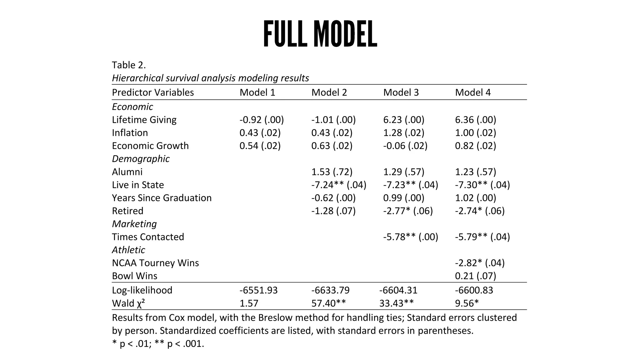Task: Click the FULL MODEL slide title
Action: [320, 34]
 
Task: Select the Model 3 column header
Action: [401, 92]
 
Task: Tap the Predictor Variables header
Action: [153, 92]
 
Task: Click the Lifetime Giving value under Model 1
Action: [262, 120]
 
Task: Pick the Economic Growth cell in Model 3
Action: [405, 146]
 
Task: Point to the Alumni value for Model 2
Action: [332, 172]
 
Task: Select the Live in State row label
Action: [138, 185]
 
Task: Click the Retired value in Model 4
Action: [480, 211]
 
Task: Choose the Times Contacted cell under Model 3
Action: [411, 237]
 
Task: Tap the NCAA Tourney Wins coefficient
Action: [480, 263]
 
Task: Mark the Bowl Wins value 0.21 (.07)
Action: [475, 276]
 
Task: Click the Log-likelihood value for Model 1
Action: [258, 290]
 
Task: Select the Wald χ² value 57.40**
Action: [328, 303]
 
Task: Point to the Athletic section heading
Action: [128, 250]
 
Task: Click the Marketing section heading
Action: [134, 224]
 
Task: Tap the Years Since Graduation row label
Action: [162, 198]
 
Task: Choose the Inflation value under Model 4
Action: [475, 133]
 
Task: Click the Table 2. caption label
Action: [129, 65]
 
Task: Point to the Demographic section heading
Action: [141, 159]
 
